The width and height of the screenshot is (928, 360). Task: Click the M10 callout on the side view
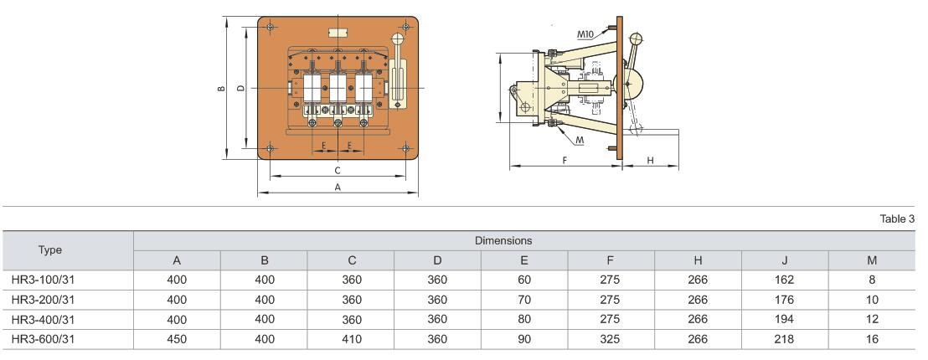(585, 34)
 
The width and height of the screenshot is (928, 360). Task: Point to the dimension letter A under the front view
(338, 188)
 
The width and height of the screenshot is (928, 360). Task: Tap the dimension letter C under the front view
(338, 170)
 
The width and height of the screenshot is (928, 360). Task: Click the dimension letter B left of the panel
(220, 87)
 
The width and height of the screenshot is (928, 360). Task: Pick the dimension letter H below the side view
(650, 161)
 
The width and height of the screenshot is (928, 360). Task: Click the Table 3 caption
(897, 219)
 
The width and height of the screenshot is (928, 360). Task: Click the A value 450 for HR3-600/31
(178, 339)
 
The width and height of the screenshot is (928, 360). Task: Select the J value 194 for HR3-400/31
(784, 319)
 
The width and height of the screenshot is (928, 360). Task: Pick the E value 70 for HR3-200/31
(524, 299)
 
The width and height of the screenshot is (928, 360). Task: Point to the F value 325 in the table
(611, 339)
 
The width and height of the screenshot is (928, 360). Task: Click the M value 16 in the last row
(871, 339)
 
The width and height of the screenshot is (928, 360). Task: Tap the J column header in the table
(784, 260)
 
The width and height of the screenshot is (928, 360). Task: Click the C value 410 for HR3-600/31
(352, 339)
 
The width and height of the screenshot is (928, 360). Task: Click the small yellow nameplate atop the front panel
(338, 33)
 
